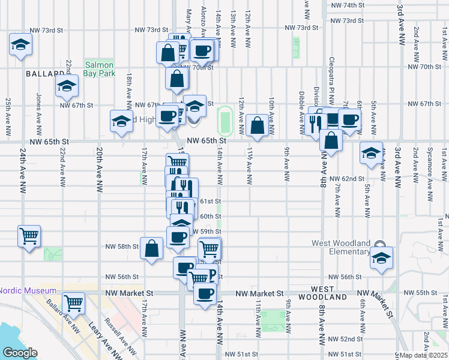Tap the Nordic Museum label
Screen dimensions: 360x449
pyautogui.click(x=28, y=290)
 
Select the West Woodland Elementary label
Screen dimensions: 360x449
pyautogui.click(x=348, y=247)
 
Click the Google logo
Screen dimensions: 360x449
pyautogui.click(x=19, y=353)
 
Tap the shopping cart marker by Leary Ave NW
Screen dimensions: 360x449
pyautogui.click(x=73, y=303)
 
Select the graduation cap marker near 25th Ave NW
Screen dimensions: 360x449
pyautogui.click(x=21, y=44)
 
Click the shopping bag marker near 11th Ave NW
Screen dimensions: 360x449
pyautogui.click(x=257, y=125)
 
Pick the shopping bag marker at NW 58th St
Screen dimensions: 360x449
pyautogui.click(x=152, y=248)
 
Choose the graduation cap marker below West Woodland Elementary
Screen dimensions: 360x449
pyautogui.click(x=381, y=258)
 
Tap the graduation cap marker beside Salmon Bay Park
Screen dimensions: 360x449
pyautogui.click(x=67, y=86)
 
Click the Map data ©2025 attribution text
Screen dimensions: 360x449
pyautogui.click(x=424, y=355)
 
